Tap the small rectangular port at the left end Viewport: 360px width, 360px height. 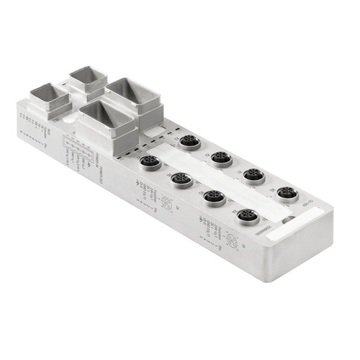pyautogui.click(x=48, y=99)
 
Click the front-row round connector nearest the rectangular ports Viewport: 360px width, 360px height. pyautogui.click(x=149, y=162)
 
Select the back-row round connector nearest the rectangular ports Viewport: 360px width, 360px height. pyautogui.click(x=189, y=141)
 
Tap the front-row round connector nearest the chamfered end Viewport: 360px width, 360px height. pyautogui.click(x=248, y=215)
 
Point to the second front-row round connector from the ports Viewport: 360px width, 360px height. pyautogui.click(x=181, y=179)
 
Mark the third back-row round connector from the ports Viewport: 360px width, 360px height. pyautogui.click(x=253, y=174)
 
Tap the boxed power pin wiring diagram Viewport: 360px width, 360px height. pyautogui.click(x=76, y=148)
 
